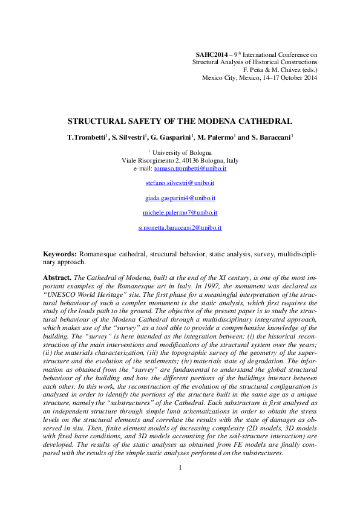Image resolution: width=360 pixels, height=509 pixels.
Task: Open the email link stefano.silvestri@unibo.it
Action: (x=180, y=183)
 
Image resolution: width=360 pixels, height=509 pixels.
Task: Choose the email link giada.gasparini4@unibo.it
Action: (x=180, y=198)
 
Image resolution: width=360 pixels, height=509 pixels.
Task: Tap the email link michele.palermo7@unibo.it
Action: (x=180, y=213)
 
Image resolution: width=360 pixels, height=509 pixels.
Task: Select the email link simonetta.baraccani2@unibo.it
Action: (x=180, y=228)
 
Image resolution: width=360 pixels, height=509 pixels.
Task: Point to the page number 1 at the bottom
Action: (x=180, y=468)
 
